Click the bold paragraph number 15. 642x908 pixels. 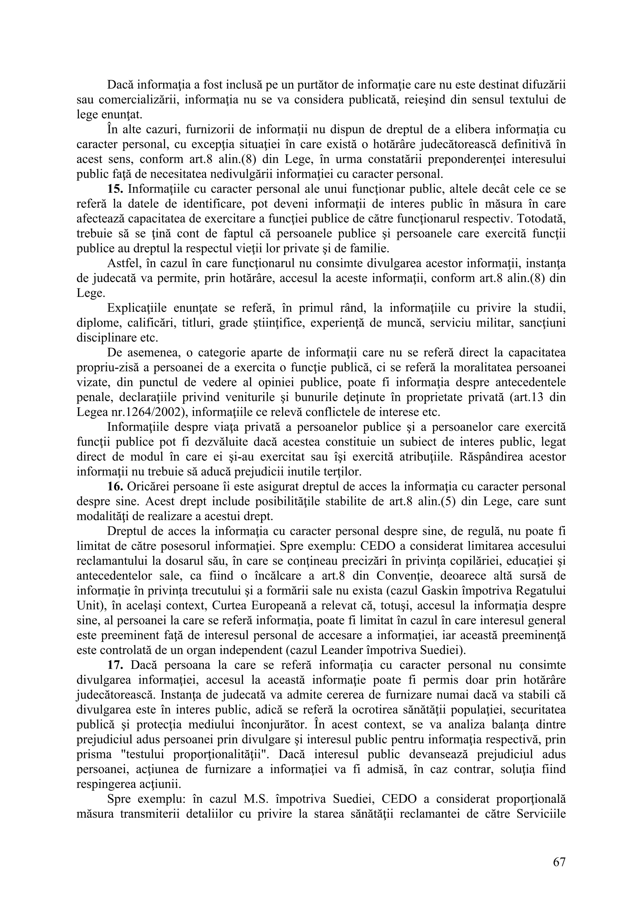point(114,189)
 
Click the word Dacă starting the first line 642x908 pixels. point(121,85)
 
